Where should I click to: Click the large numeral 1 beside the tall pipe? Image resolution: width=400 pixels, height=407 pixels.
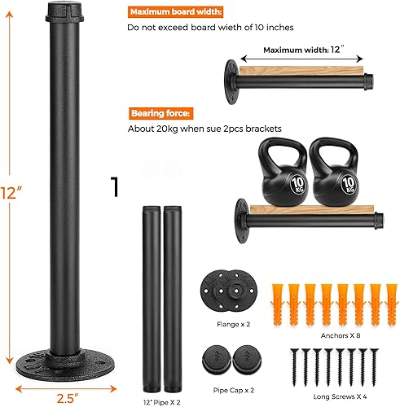click(116, 186)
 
